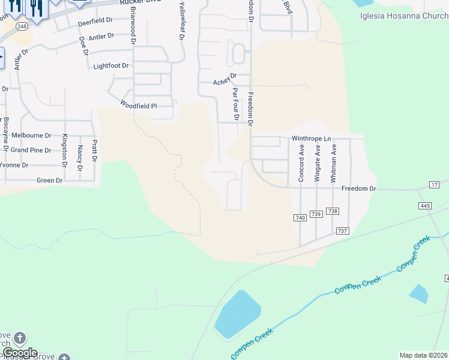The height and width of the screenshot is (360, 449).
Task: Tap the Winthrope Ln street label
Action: [311, 139]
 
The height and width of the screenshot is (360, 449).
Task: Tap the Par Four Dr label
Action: [235, 104]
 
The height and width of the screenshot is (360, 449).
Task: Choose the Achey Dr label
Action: [225, 82]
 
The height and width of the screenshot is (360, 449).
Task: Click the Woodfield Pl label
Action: [138, 106]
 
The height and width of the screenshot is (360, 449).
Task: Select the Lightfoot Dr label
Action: [111, 66]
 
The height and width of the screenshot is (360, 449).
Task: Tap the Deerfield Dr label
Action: [95, 23]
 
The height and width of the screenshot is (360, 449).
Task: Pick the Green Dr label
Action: [50, 180]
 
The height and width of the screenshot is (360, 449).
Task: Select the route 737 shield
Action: [343, 231]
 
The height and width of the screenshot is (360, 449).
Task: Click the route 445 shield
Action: [425, 206]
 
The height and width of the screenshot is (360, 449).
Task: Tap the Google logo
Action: [20, 353]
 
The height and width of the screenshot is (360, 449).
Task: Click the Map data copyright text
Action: [424, 355]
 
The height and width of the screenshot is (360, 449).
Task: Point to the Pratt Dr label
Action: [94, 151]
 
